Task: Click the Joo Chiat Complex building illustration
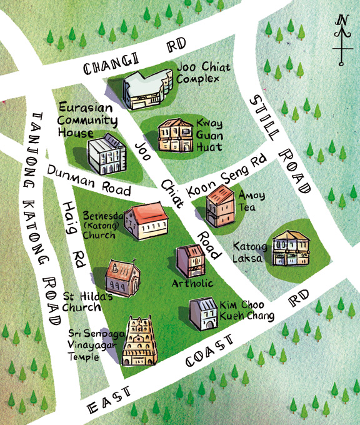(147, 91)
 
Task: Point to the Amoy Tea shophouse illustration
(219, 207)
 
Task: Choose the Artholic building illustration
(191, 261)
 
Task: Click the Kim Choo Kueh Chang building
(203, 312)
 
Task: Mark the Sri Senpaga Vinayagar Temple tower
(139, 341)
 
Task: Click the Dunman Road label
(90, 181)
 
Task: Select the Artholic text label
(192, 284)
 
